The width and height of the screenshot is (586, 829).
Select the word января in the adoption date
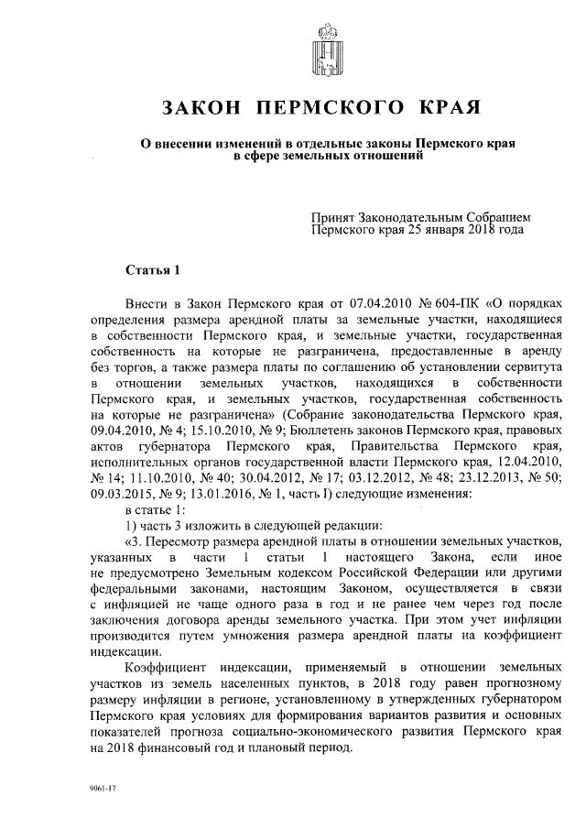(x=424, y=230)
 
